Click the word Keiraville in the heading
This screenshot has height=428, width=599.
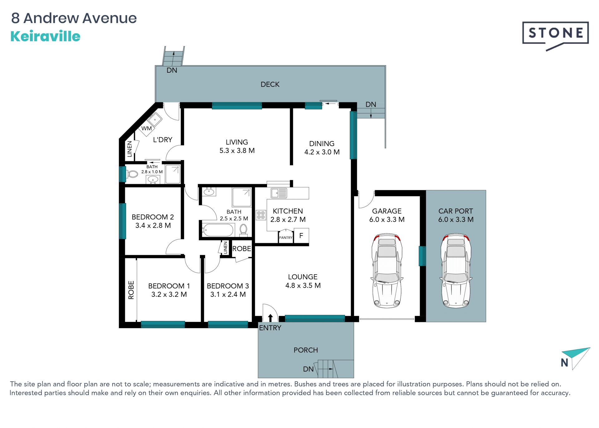46,36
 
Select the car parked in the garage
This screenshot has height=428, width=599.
387,270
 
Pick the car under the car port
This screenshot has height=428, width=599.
456,270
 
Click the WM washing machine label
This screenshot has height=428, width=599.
146,128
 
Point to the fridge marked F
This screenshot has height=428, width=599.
301,236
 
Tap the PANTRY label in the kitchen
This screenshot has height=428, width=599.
286,238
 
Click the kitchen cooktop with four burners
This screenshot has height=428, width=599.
261,215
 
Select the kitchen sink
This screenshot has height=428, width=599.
279,193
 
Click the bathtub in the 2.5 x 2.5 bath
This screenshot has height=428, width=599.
218,230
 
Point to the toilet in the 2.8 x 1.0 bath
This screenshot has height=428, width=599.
132,174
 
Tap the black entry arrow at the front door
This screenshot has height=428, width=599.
270,318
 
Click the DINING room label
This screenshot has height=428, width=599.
322,143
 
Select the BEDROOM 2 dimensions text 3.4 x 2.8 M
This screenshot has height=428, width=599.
153,225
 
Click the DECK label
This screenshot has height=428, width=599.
270,84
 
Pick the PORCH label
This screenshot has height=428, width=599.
306,350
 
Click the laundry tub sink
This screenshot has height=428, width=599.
154,119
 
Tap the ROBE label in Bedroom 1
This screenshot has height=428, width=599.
131,290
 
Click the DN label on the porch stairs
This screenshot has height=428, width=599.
308,369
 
